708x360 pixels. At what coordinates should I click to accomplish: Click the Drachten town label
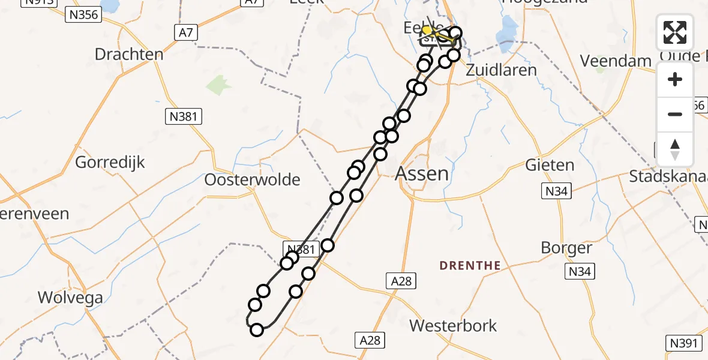(x=129, y=55)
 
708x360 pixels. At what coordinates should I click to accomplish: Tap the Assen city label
(x=422, y=174)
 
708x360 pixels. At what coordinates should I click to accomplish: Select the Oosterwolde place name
(x=252, y=179)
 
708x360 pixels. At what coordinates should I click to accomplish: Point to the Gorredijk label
(x=110, y=162)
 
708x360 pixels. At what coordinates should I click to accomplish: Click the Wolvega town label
(x=70, y=297)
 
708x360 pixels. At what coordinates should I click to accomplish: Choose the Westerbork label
(x=453, y=326)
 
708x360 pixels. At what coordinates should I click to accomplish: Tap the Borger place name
(x=566, y=247)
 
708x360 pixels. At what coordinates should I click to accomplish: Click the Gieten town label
(x=550, y=164)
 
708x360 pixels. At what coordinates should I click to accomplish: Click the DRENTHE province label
(x=470, y=265)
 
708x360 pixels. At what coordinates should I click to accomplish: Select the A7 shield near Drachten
(x=186, y=32)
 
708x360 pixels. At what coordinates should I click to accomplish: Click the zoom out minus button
(x=675, y=114)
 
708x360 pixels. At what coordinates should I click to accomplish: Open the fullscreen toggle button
(x=675, y=32)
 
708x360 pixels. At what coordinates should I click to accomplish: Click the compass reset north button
(x=675, y=149)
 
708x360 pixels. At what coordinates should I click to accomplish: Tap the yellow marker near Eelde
(x=427, y=29)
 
